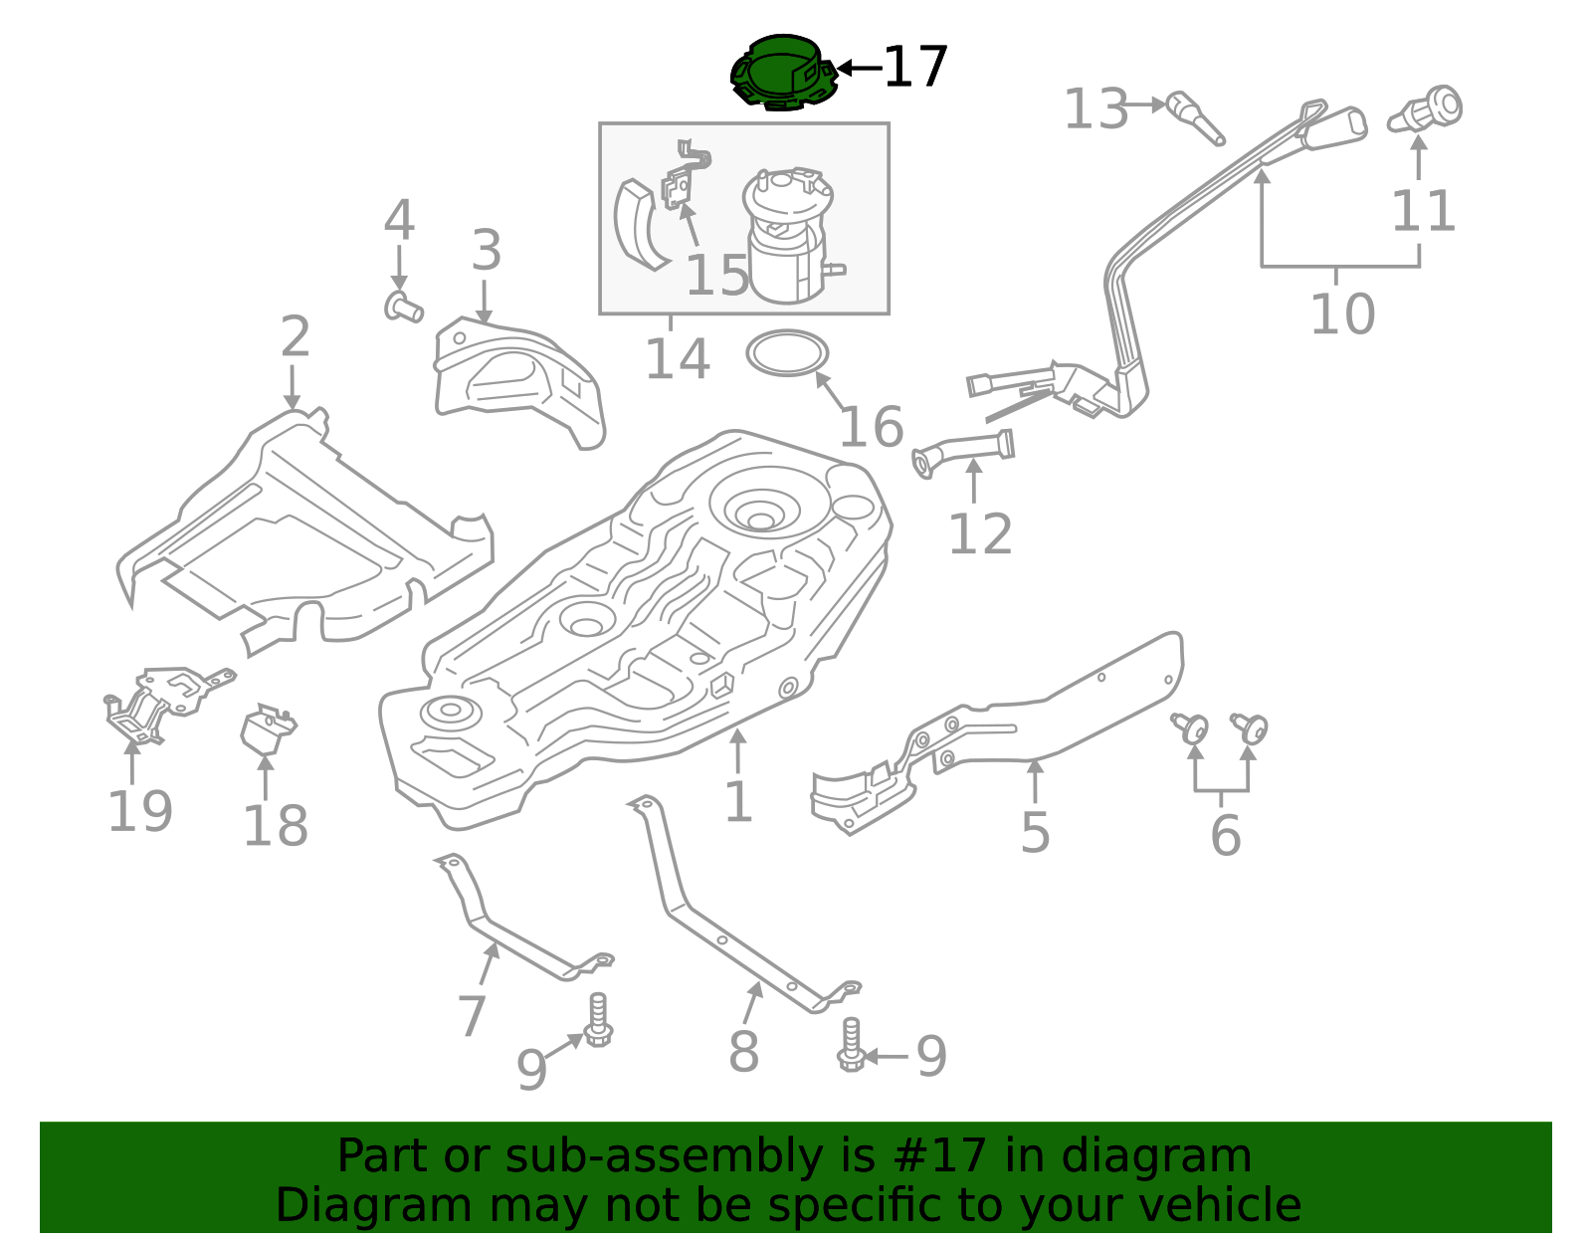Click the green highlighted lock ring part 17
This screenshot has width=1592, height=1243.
point(783,72)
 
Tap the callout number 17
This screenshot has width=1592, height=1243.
point(915,68)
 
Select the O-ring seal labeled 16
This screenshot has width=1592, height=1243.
point(787,353)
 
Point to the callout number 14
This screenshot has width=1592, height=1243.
point(678,359)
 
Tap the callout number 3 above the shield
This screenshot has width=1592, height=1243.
point(486,251)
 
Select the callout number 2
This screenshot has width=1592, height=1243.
point(295,337)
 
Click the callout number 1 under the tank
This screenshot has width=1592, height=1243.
point(737,802)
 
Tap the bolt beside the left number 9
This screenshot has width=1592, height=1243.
point(598,1021)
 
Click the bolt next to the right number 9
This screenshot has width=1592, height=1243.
point(851,1045)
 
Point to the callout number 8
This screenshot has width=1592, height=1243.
point(743,1052)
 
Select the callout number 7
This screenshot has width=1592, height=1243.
point(471,1017)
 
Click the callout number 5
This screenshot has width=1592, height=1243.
point(1035,833)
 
